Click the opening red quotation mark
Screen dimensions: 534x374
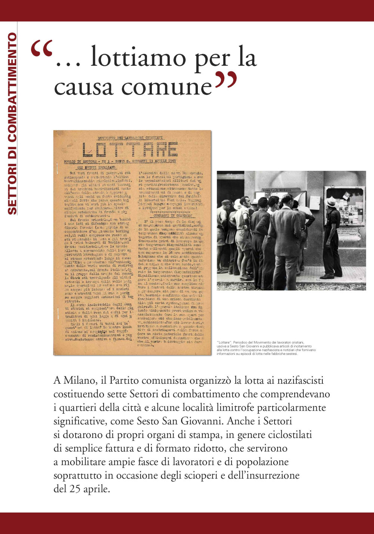pos(41,49)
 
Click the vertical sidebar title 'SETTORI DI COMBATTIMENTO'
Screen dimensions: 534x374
pos(12,123)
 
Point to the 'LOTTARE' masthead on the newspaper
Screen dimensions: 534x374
pos(130,149)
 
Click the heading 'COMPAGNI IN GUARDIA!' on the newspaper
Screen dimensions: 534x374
pos(172,216)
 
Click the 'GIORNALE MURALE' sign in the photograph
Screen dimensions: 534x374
pos(277,190)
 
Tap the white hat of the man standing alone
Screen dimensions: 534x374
pos(331,201)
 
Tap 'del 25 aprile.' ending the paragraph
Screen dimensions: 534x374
pos(82,489)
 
